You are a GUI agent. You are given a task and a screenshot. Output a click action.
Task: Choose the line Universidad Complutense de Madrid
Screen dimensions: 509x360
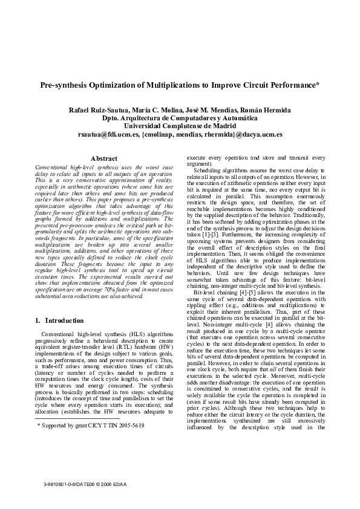180,126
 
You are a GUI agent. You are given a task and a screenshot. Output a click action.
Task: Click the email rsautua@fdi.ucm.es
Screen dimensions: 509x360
108,134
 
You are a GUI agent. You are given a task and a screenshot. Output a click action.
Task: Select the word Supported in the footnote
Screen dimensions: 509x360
55,426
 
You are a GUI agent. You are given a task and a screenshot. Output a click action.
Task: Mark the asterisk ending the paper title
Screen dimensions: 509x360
318,85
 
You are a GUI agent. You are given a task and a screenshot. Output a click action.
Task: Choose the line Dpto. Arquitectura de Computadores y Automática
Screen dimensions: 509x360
180,118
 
